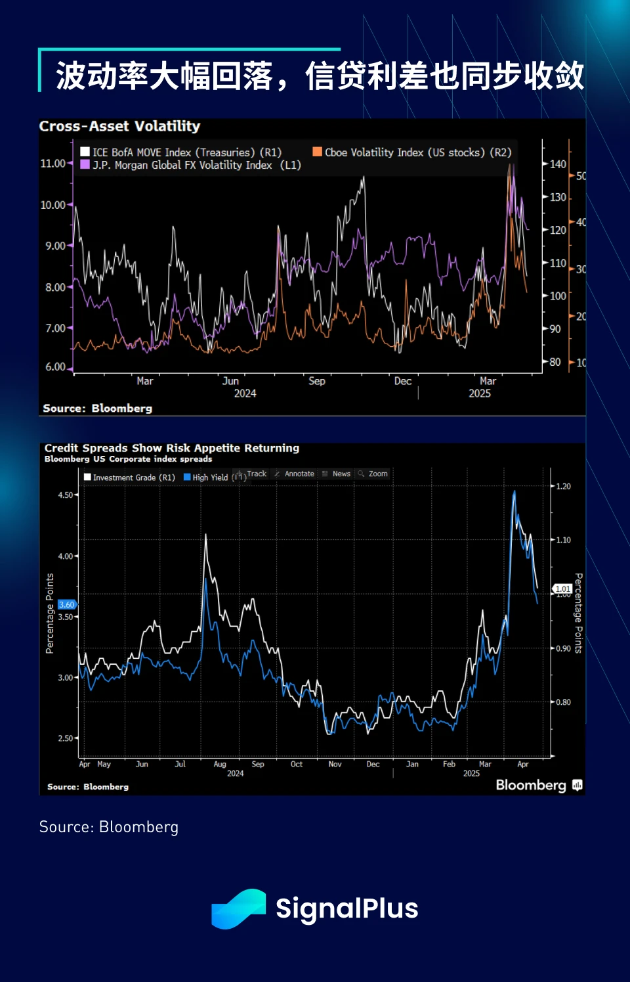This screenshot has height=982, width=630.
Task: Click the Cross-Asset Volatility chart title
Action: (x=119, y=126)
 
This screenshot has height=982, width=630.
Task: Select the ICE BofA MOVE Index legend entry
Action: (x=180, y=152)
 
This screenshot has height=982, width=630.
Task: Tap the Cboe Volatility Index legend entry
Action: (x=411, y=152)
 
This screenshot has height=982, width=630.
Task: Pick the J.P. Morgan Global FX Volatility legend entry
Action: (x=190, y=165)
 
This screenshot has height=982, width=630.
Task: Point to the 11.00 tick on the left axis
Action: (x=53, y=163)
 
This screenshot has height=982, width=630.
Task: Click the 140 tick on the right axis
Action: (x=557, y=164)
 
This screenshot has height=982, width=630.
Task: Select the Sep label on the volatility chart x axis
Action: (x=317, y=381)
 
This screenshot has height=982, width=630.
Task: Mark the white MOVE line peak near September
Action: (x=363, y=178)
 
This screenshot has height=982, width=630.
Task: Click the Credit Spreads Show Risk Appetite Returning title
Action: (x=172, y=448)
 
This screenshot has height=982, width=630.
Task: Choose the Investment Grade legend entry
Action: (x=129, y=478)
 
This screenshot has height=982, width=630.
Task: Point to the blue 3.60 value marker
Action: (x=66, y=604)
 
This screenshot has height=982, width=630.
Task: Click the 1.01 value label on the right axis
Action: (x=562, y=589)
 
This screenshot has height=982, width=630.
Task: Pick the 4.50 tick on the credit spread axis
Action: (x=66, y=495)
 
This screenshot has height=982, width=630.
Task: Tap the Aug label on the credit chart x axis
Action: (x=220, y=765)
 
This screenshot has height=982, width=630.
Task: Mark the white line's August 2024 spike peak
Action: (x=206, y=535)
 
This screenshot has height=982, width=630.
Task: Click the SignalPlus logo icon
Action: (x=238, y=908)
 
